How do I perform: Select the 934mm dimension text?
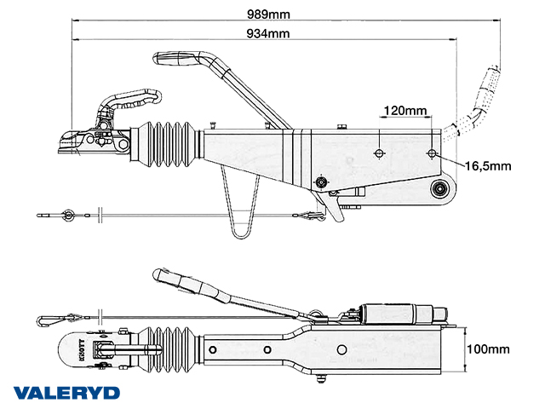pos(267,33)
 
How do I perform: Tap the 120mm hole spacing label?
pos(405,111)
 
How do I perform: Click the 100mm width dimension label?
pos(489,349)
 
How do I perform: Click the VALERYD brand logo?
pos(67,393)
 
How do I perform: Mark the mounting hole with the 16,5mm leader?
pos(432,154)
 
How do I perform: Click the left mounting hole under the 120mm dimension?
pos(379,154)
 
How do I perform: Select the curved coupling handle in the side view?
pos(128,101)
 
